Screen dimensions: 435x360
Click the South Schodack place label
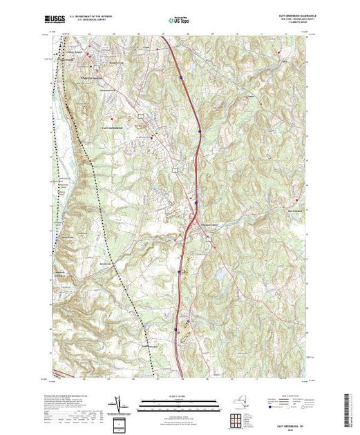(x=154, y=346)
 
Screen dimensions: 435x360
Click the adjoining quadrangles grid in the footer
(x=239, y=418)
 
